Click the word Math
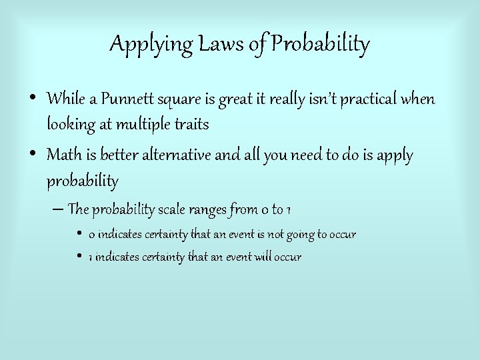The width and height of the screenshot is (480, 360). pyautogui.click(x=64, y=155)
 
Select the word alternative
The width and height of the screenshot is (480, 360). pyautogui.click(x=175, y=155)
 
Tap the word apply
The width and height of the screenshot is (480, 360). pyautogui.click(x=395, y=157)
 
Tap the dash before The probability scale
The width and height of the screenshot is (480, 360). pyautogui.click(x=57, y=209)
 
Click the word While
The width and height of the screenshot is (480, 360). pyautogui.click(x=65, y=99)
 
